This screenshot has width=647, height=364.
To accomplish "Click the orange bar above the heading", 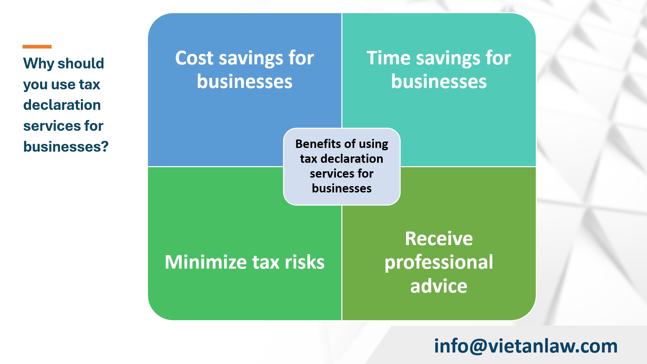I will coord(37,47).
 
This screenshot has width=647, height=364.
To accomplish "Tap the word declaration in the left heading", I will coord(62,105).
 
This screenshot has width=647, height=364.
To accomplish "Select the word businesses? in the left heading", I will coord(66,147).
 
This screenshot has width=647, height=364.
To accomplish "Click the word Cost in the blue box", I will coord(194,58).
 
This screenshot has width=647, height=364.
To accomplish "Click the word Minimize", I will coord(206,262).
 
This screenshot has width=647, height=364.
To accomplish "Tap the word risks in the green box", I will coord(305,262).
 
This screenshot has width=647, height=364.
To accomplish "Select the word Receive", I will coord(439,239).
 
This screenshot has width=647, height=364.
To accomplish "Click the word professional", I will coord(439,262).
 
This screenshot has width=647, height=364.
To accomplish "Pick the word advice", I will coord(439,286).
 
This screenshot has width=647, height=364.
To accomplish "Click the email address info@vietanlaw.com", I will coord(526,346).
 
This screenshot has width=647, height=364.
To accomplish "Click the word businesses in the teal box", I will coord(439,82).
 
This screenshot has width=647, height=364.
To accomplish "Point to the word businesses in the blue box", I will coord(245,82).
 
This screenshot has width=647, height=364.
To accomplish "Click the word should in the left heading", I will coord(81,63).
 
